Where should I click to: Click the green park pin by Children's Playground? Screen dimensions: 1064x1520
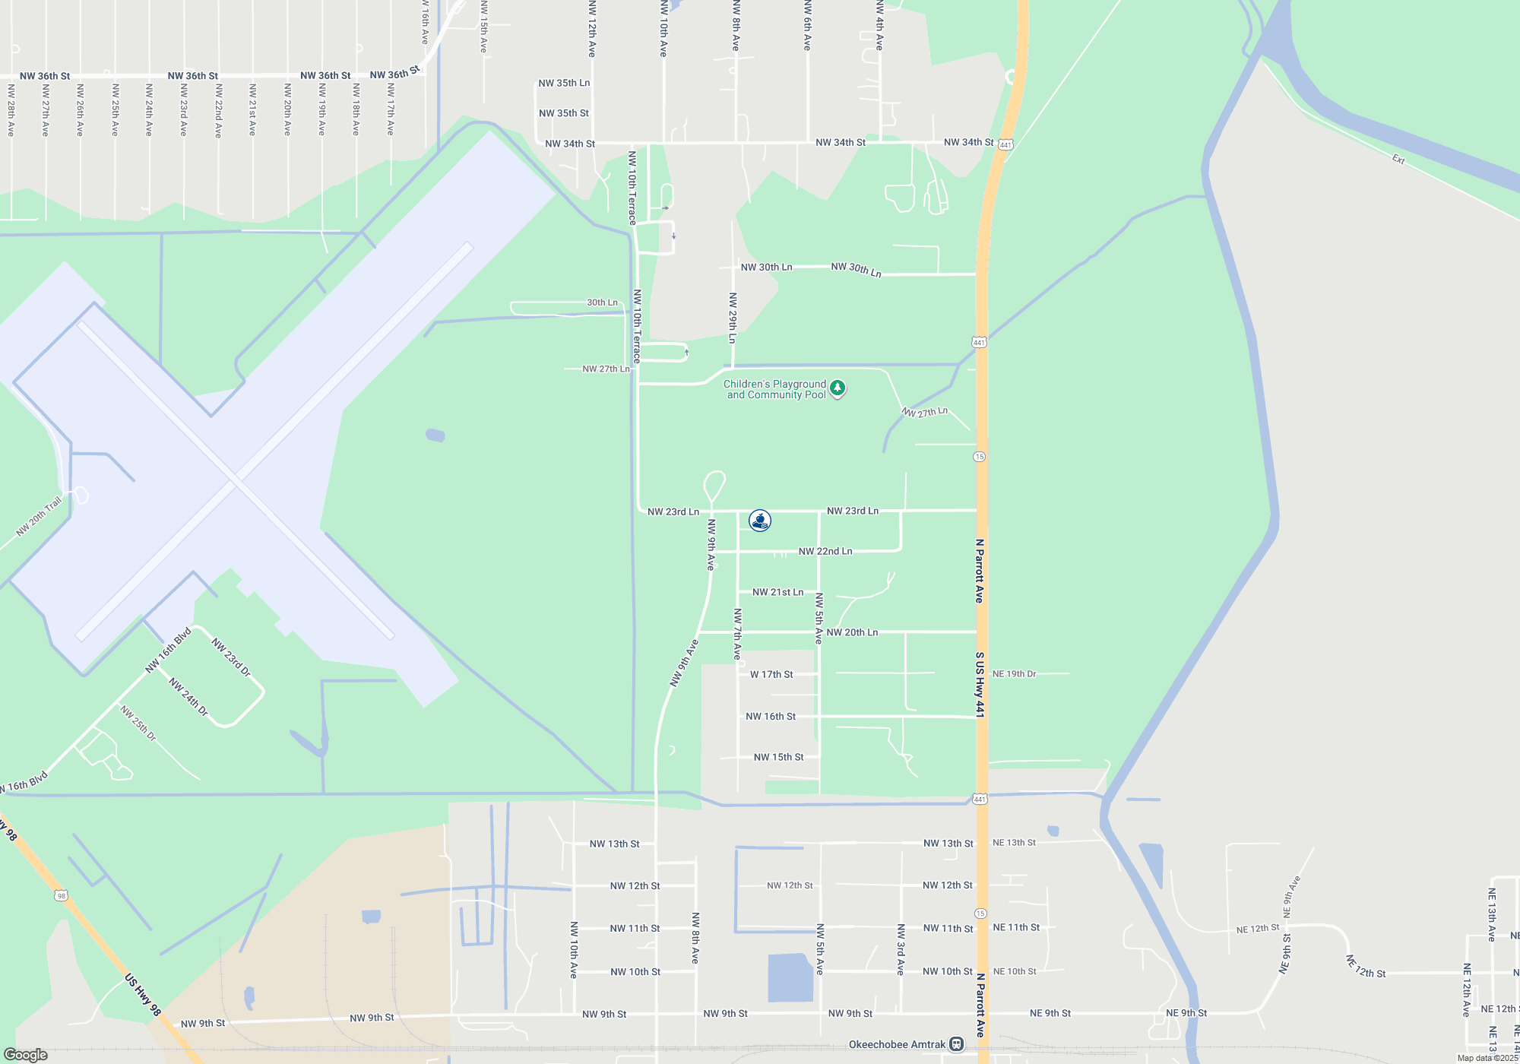click(838, 388)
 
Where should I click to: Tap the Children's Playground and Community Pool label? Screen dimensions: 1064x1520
click(774, 389)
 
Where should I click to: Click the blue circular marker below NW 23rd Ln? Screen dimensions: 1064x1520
click(760, 521)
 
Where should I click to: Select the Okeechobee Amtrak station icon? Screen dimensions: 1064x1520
click(957, 1044)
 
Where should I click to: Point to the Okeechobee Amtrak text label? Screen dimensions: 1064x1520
click(897, 1044)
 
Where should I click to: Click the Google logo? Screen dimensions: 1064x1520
click(26, 1055)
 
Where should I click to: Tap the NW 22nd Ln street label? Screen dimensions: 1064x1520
click(825, 551)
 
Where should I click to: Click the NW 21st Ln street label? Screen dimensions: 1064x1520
click(777, 592)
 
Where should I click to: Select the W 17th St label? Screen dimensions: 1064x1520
click(771, 674)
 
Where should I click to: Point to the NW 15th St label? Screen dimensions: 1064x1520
click(778, 757)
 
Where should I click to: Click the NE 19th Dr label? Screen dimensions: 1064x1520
click(1014, 673)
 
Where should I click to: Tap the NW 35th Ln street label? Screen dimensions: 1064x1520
click(564, 83)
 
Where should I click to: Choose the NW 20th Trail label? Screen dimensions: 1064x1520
click(39, 517)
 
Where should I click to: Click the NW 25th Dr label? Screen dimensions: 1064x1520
click(138, 723)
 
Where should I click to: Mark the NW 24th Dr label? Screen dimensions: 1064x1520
click(188, 697)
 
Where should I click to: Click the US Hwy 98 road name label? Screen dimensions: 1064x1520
click(143, 995)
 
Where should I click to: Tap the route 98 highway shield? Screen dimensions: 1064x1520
click(61, 896)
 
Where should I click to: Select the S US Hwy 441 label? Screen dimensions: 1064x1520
click(980, 684)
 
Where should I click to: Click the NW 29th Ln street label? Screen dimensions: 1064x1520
click(733, 318)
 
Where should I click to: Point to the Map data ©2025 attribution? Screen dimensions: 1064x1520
click(1487, 1058)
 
